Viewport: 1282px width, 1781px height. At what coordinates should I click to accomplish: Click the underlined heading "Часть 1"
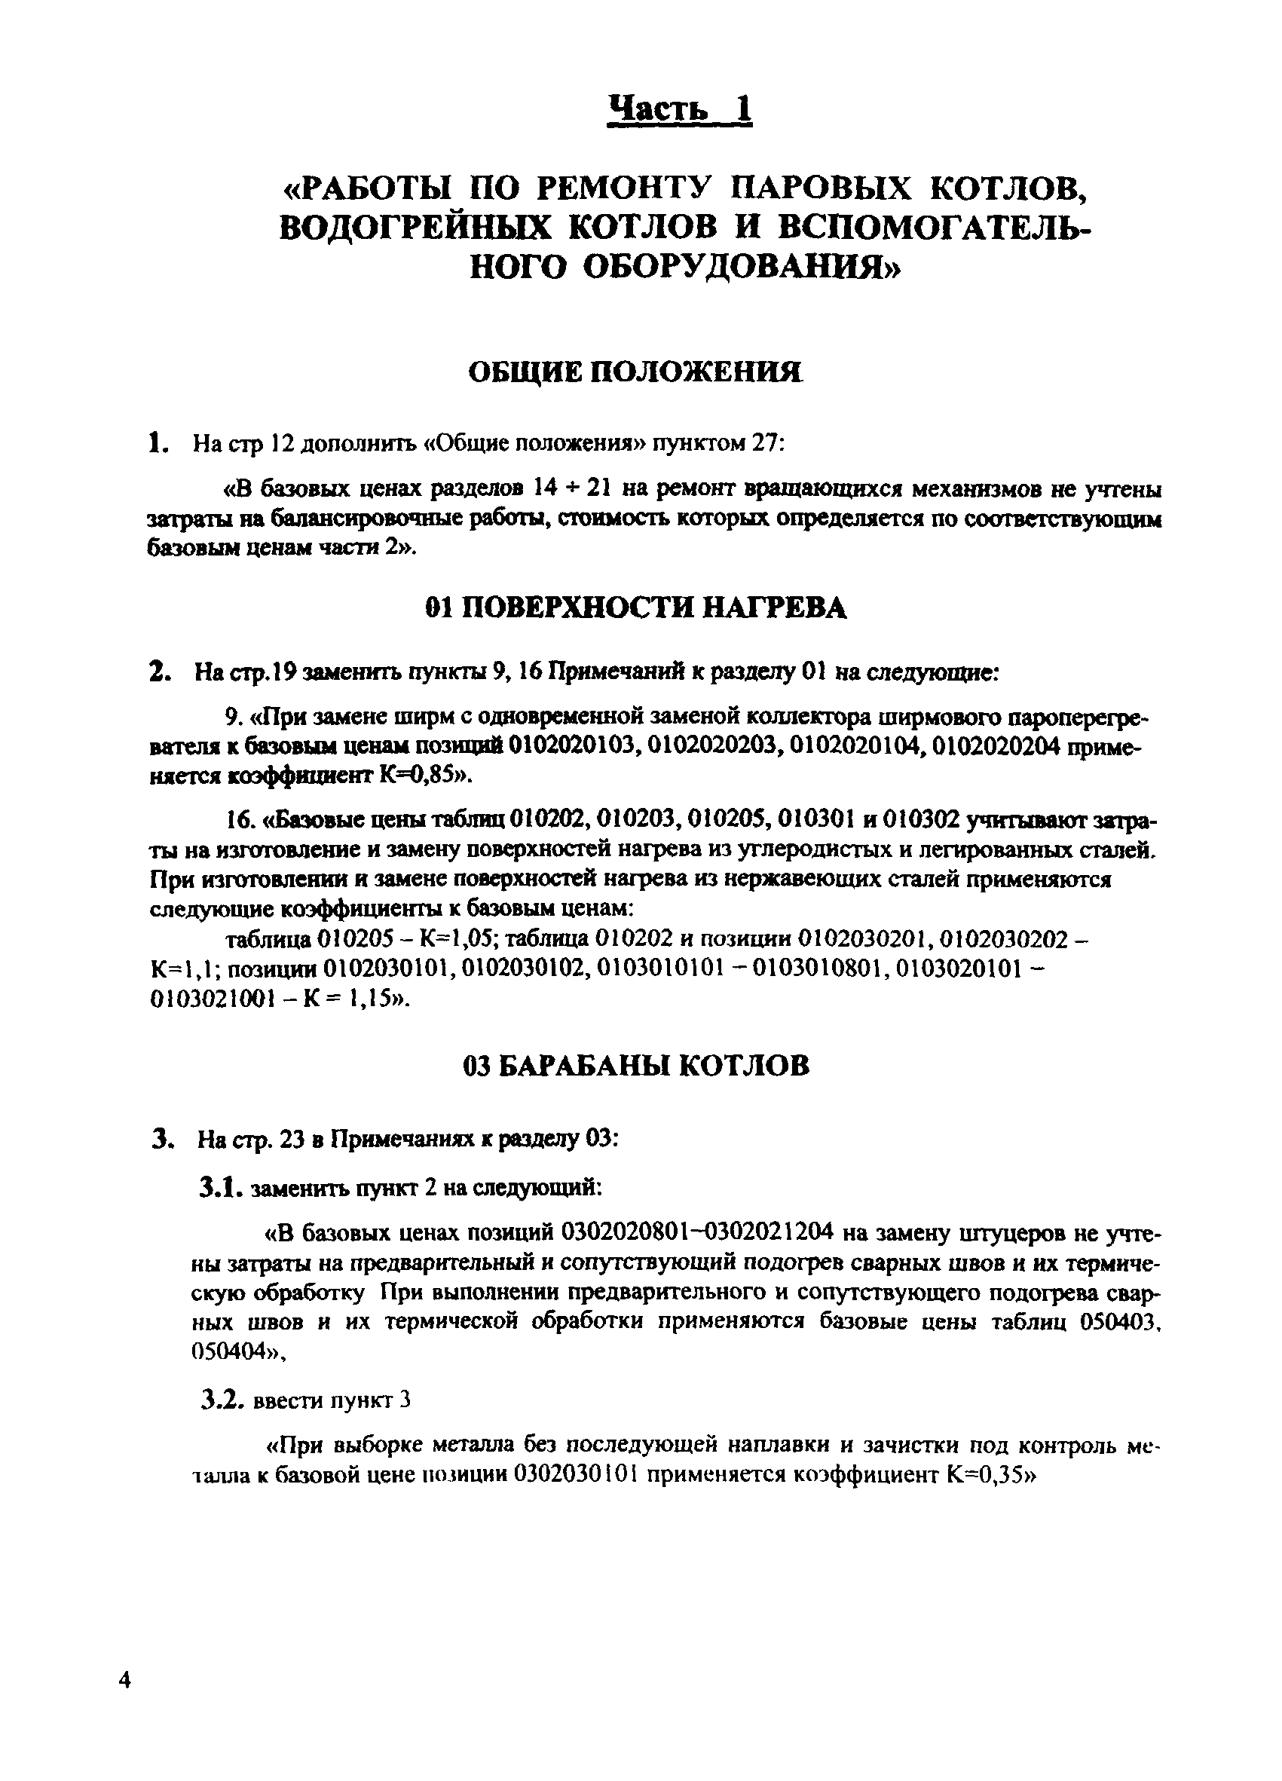pos(680,109)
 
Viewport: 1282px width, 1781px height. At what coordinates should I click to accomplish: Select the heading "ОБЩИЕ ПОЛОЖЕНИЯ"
pos(635,372)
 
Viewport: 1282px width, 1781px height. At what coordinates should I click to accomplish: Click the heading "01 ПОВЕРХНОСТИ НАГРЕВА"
pos(636,607)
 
